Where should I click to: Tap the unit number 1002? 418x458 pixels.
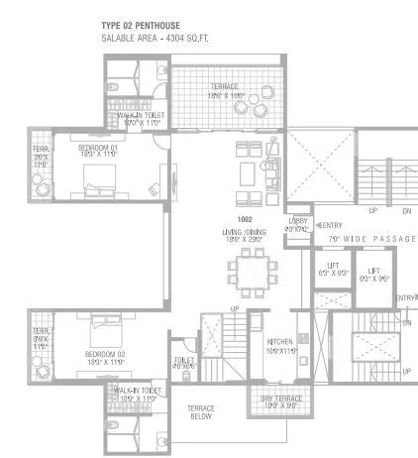click(x=245, y=217)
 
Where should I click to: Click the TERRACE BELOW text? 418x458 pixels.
click(x=203, y=411)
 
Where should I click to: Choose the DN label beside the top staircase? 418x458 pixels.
click(x=404, y=211)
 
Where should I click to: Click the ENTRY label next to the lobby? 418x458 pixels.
click(x=331, y=225)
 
